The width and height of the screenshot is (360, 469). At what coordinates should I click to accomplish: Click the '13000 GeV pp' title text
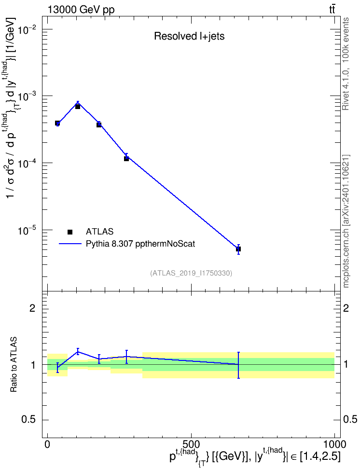pos(81,10)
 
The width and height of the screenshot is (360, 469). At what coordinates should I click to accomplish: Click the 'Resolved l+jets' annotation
pos(189,36)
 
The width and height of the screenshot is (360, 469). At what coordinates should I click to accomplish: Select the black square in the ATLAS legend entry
pos(70,232)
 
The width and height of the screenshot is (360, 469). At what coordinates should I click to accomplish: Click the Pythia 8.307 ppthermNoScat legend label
pos(140,244)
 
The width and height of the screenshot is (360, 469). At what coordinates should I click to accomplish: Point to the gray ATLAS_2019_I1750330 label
pos(191,273)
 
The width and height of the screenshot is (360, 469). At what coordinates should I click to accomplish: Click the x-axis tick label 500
pos(191,444)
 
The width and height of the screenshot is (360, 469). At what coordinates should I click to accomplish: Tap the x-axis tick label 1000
pos(334,444)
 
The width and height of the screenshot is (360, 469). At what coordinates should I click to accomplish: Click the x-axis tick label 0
pos(47,444)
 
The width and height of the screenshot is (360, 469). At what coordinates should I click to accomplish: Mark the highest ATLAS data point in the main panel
pos(78,107)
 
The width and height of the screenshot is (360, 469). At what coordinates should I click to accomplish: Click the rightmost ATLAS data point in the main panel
pos(238,249)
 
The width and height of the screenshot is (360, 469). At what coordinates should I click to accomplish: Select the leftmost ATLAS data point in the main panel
pos(57,123)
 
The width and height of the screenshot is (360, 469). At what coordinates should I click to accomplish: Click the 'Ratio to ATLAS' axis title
pos(14,364)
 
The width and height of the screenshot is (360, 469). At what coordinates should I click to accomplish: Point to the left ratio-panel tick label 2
pos(32,308)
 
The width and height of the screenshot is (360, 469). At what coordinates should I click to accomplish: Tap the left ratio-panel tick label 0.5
pos(29,420)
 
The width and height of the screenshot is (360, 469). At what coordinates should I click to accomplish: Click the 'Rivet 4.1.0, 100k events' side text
pos(346,64)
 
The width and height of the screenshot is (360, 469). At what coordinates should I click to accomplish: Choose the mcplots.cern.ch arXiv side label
pos(346,221)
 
